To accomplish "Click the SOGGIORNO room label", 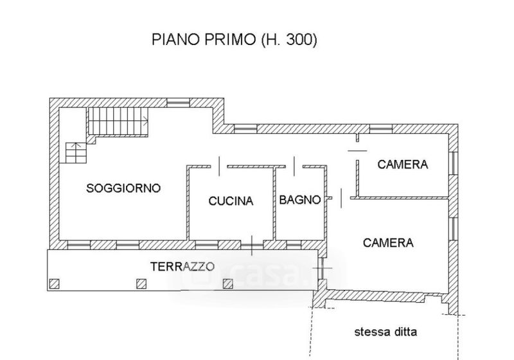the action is pos(123,188).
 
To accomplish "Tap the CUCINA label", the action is pos(231,201).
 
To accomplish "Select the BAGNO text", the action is pos(299,200).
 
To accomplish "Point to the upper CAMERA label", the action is pos(403,165).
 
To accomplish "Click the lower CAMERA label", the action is pos(388,242).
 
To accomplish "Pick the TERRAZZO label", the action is pos(182,267).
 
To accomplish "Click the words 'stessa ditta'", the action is pos(385,332).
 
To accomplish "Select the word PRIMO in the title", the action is pos(231,40).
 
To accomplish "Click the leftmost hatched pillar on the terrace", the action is pos(55,283).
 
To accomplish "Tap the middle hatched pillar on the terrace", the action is pos(141,283).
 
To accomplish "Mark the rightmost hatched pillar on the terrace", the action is pos(228,283).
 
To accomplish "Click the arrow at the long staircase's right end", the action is pos(145,121).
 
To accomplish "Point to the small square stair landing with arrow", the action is pos(76,152).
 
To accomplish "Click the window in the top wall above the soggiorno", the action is pos(179,103).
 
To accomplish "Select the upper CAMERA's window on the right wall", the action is pos(453,163).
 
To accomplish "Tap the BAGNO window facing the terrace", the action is pos(294,245).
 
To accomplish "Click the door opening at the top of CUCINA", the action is pos(219,166).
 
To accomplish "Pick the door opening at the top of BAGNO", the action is pos(294,166).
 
